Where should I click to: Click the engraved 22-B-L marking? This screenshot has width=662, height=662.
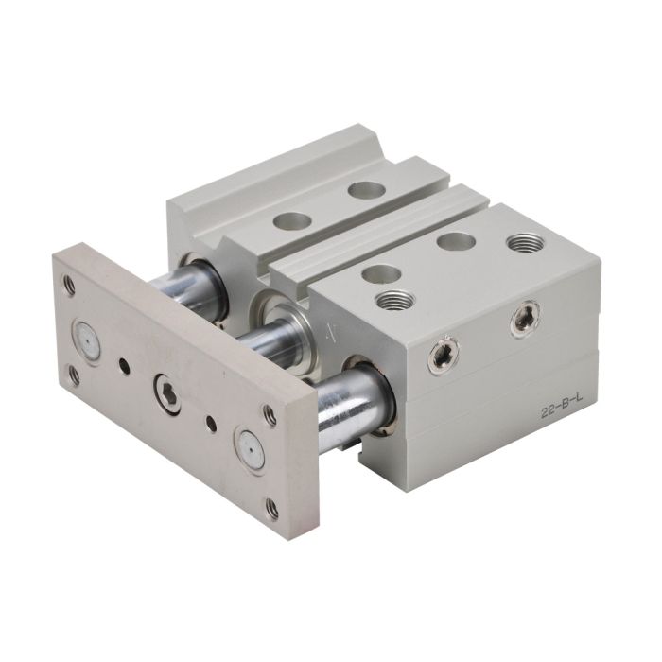[x=559, y=410]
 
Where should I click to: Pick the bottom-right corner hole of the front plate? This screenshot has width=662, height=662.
[x=272, y=507]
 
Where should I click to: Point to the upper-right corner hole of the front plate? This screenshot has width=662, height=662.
[x=269, y=414]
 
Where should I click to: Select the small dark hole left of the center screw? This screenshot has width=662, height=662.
[x=123, y=362]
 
